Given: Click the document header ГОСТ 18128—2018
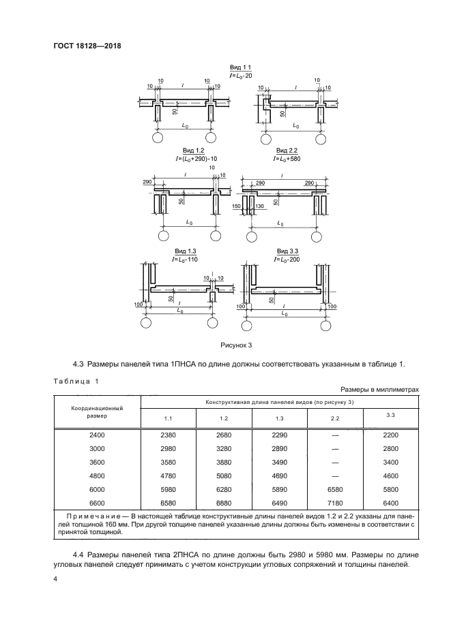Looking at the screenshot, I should click(x=82, y=47).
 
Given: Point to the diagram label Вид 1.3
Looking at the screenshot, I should click(x=184, y=251).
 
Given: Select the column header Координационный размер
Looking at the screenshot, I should click(x=97, y=411).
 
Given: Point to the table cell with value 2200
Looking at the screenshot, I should click(x=390, y=434).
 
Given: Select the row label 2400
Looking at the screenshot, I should click(x=97, y=434).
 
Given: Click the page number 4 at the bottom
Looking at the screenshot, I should click(x=56, y=580).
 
